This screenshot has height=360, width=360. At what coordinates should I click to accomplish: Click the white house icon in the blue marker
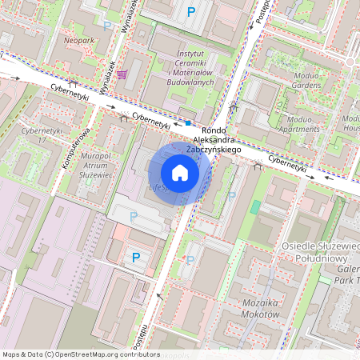[180, 172]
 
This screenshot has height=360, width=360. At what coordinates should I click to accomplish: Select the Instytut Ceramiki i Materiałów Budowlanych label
[192, 66]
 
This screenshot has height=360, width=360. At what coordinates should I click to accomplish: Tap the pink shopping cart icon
[122, 74]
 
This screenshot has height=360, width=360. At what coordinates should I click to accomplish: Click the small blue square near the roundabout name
[188, 123]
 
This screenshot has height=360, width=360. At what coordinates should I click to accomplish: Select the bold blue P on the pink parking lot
[135, 257]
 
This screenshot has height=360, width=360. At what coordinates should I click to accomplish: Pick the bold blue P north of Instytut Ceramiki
[190, 11]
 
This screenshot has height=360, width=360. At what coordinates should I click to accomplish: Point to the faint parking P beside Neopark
[107, 26]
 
